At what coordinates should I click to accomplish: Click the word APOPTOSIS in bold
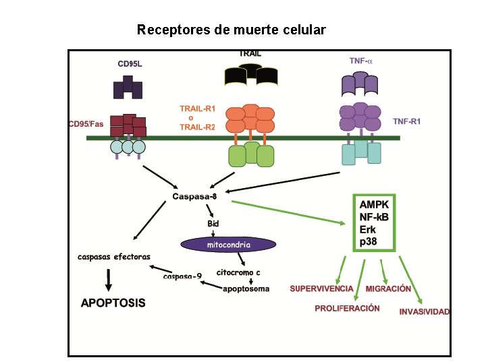tap(113, 303)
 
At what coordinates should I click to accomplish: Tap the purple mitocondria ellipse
tap(228, 245)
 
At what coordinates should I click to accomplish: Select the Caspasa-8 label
tap(194, 196)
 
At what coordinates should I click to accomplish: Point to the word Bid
tap(213, 224)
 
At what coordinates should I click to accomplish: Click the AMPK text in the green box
tap(374, 205)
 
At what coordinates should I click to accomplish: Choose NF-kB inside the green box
tap(374, 217)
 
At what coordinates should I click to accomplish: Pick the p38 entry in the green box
tap(369, 241)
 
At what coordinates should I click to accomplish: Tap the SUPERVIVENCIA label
tap(322, 289)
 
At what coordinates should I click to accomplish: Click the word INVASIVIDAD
tap(425, 311)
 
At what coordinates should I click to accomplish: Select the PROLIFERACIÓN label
tap(347, 308)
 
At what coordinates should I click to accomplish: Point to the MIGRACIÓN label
tap(388, 289)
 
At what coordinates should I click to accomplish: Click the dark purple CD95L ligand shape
tap(128, 87)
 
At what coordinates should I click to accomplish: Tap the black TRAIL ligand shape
tap(250, 75)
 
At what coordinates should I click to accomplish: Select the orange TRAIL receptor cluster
tap(250, 118)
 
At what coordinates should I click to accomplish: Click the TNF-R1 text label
tap(406, 121)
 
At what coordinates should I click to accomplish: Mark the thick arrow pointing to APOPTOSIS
tap(108, 280)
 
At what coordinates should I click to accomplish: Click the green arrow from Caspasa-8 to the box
tap(288, 212)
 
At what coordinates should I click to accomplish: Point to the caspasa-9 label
tap(182, 276)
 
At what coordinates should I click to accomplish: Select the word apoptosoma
tap(246, 289)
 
